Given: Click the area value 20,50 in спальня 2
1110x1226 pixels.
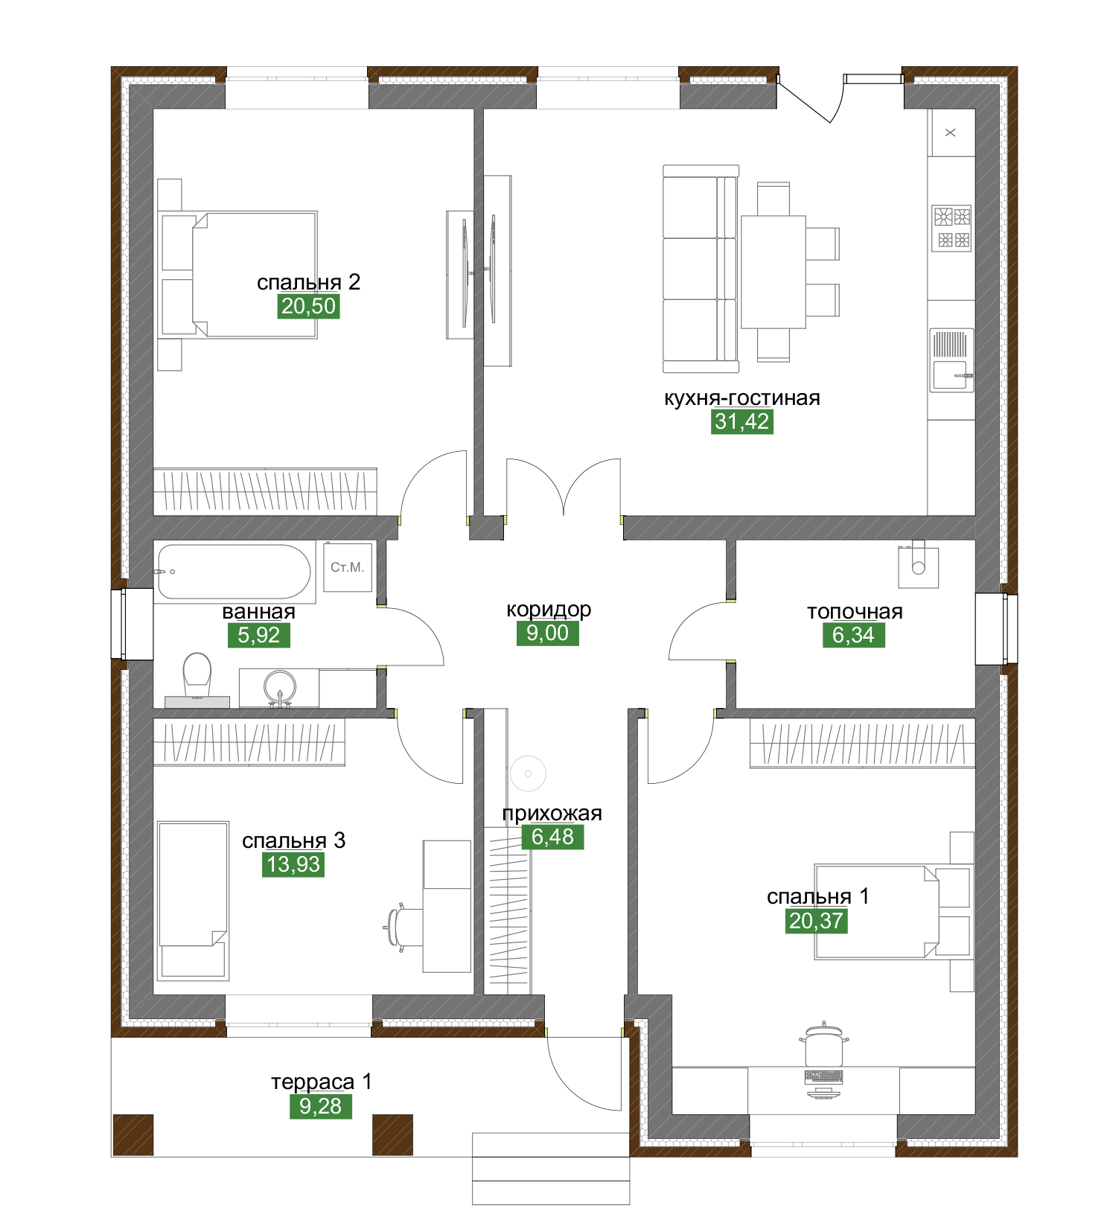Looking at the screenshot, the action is (309, 306).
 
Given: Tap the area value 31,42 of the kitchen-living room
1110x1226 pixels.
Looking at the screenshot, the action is (742, 421).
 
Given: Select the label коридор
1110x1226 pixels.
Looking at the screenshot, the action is (549, 610).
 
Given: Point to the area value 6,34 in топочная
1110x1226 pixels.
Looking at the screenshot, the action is (854, 635).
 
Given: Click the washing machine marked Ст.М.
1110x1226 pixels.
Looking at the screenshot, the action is (348, 567).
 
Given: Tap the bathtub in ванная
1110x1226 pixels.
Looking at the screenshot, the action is (234, 572).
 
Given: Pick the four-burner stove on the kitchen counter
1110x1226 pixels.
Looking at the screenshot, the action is (952, 228).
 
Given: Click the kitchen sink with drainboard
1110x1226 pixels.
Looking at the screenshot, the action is (951, 360).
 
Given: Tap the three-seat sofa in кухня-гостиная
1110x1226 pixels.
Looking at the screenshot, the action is (701, 269).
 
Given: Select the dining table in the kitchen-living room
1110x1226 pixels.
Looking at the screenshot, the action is (774, 272).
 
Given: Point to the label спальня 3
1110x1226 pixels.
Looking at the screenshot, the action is (294, 840).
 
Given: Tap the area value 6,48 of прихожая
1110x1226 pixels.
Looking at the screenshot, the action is (553, 837).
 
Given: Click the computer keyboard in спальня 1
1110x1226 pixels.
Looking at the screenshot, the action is (824, 1076).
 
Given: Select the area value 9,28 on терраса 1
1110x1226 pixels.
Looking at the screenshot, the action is (321, 1106).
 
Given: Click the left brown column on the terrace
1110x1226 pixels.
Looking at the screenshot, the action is (133, 1134).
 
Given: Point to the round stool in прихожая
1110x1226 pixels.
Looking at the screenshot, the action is (528, 773).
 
